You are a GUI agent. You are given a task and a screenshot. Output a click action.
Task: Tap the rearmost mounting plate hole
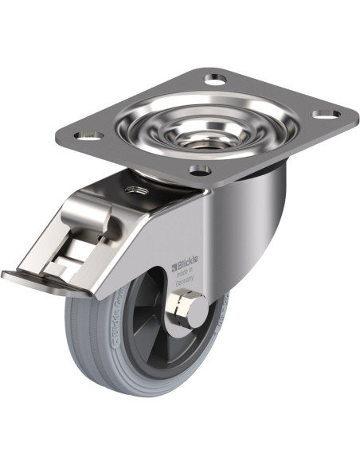214,79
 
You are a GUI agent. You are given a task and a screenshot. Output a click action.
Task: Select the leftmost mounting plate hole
89,136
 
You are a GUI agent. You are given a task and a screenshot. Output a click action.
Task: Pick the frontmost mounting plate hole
200,170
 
